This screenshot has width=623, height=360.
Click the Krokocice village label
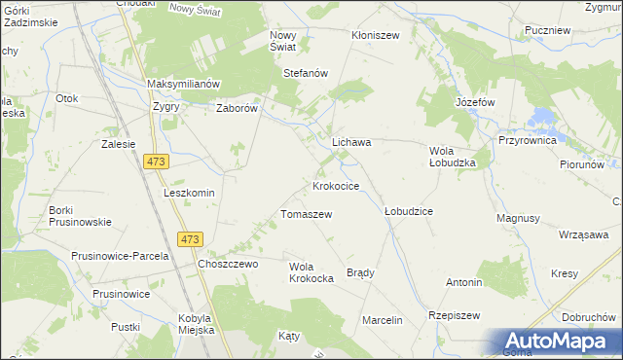(336, 185)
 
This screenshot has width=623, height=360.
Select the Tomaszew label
(307, 214)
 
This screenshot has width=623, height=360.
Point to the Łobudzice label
(408, 210)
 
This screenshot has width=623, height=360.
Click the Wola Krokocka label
(311, 271)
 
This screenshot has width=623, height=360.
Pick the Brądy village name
(360, 272)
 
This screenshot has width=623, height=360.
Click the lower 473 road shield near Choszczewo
(190, 239)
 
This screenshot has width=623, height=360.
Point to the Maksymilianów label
(185, 84)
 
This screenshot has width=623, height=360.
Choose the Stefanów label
(305, 73)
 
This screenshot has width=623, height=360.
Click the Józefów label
(475, 102)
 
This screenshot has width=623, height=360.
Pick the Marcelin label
(382, 320)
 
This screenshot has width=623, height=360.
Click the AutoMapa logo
(558, 341)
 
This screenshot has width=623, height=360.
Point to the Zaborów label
(237, 109)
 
